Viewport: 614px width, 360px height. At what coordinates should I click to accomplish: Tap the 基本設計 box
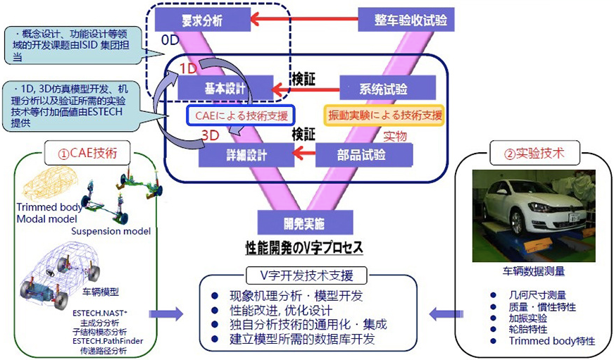(x=225, y=89)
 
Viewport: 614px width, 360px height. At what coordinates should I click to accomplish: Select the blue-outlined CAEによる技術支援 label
(x=240, y=115)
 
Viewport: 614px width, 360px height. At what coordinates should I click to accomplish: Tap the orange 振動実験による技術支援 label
(x=384, y=115)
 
